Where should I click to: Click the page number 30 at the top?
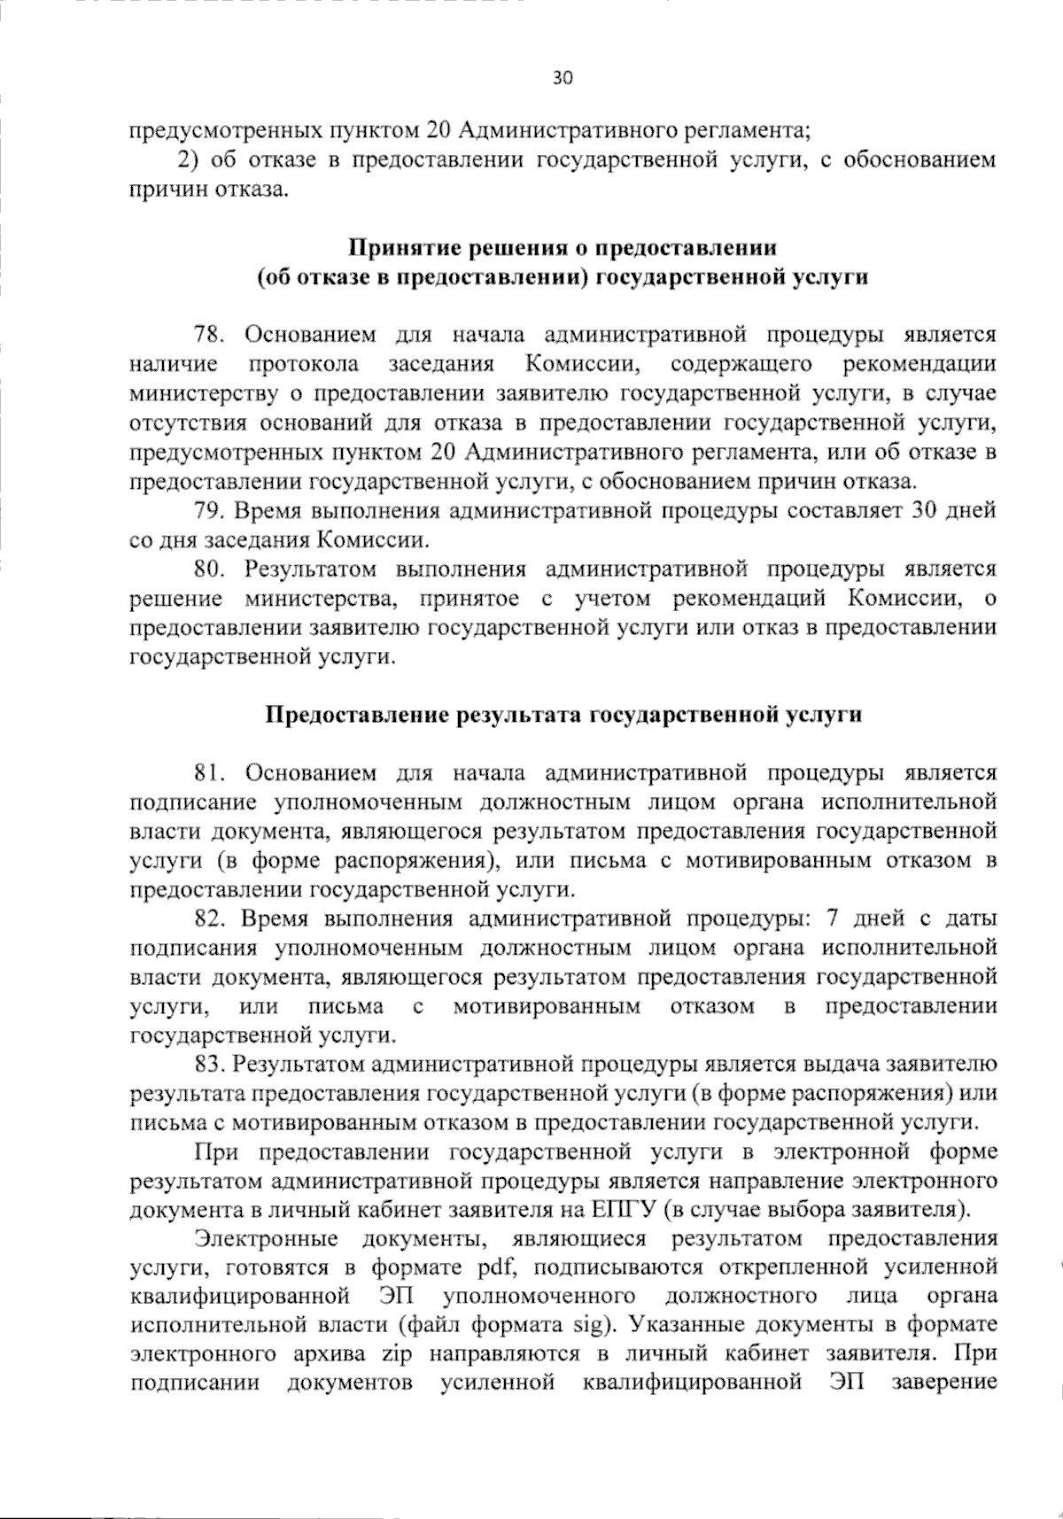pos(563,78)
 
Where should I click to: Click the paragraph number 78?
pos(211,336)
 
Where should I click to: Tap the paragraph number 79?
pos(211,511)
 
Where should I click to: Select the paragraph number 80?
pos(211,570)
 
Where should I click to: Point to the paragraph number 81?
pos(211,773)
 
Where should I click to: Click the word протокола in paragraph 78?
pos(303,365)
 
